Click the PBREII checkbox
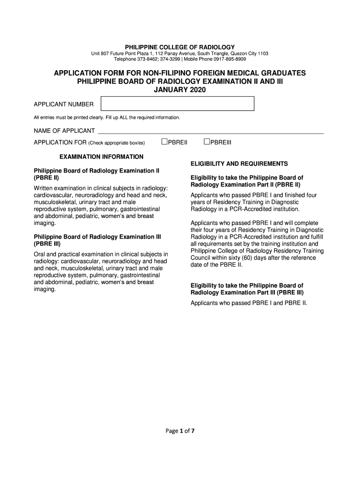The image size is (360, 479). point(165,142)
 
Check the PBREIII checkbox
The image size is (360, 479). point(207,142)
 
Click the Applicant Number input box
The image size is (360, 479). point(178,104)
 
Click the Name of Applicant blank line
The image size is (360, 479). point(210,131)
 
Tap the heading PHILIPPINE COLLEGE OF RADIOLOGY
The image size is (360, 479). point(180,47)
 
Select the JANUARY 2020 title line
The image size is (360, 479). point(180,90)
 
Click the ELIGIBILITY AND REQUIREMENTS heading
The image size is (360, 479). point(239,164)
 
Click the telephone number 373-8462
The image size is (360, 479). point(147,59)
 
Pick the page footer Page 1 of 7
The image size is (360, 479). point(180,431)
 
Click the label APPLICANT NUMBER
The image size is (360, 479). point(64,104)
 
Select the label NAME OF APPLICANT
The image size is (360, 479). point(64,131)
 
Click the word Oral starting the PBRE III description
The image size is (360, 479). point(39,254)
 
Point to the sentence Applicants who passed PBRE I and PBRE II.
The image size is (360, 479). point(249,303)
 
